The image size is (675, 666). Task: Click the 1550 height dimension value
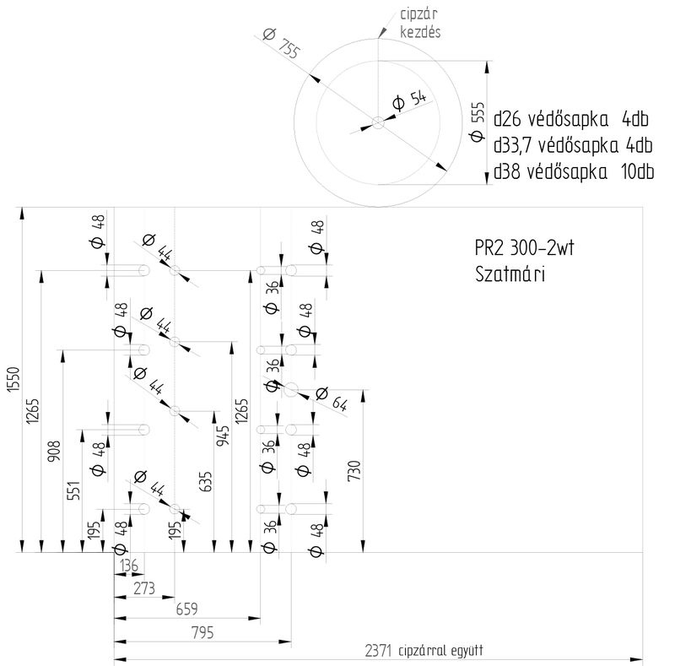[11, 380]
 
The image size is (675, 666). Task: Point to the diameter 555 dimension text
[478, 122]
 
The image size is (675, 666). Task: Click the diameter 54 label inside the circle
[410, 100]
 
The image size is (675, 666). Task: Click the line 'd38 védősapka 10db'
[575, 172]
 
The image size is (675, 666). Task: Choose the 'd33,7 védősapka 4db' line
[574, 144]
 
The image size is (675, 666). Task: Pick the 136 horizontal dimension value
[127, 566]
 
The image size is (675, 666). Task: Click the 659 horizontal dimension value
[186, 609]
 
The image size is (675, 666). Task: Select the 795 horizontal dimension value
[202, 632]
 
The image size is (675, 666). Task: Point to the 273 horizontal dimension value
[144, 588]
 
